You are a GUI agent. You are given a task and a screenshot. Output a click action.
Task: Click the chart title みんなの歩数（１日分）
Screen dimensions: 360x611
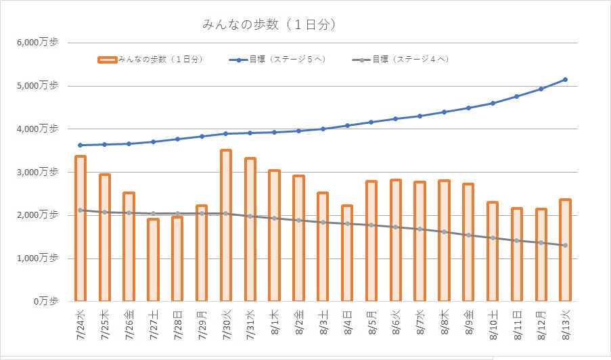click(269, 25)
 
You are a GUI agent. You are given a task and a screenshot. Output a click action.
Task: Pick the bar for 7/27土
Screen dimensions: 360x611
click(153, 259)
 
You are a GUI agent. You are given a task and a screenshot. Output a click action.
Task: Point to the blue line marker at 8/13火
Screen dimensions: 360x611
click(565, 80)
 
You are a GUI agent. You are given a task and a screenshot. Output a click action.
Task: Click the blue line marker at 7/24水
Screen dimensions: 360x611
click(80, 145)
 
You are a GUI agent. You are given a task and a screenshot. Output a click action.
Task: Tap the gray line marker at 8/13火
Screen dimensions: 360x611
click(565, 245)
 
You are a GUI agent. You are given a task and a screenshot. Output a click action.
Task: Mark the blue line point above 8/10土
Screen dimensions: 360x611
click(492, 103)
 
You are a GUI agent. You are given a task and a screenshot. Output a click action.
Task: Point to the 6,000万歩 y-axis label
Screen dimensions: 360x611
click(39, 43)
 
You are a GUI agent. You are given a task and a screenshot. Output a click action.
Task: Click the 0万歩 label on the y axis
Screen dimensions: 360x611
click(45, 300)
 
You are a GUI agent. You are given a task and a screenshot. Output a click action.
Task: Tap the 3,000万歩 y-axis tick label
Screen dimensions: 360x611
click(39, 172)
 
